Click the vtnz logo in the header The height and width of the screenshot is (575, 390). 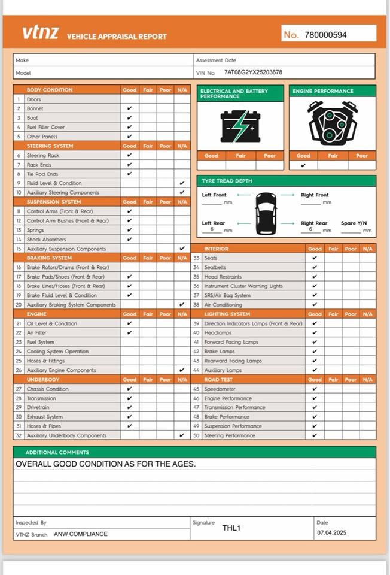pyautogui.click(x=41, y=33)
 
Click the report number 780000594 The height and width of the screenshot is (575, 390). pyautogui.click(x=325, y=35)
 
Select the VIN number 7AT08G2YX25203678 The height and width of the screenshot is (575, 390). pyautogui.click(x=253, y=72)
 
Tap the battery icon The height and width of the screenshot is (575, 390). pyautogui.click(x=240, y=126)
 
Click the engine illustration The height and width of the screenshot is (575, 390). pyautogui.click(x=332, y=124)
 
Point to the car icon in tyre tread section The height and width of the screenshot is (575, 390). pyautogui.click(x=266, y=213)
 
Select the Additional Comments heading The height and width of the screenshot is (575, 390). pyautogui.click(x=57, y=452)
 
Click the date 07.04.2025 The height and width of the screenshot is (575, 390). pyautogui.click(x=331, y=532)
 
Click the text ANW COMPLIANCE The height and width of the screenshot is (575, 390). pyautogui.click(x=81, y=534)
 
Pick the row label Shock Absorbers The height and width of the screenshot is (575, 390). pyautogui.click(x=47, y=240)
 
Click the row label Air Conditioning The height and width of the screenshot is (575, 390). pyautogui.click(x=223, y=305)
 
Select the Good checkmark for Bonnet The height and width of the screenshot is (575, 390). pyautogui.click(x=130, y=109)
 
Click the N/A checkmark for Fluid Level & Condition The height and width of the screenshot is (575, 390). pyautogui.click(x=182, y=183)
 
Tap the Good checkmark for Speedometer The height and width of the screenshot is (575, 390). pyautogui.click(x=315, y=389)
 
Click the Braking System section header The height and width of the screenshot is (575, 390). pyautogui.click(x=50, y=258)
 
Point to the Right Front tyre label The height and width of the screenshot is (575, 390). pyautogui.click(x=315, y=195)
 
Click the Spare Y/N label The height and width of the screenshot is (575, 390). pyautogui.click(x=354, y=223)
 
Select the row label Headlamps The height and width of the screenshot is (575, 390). pyautogui.click(x=218, y=333)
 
